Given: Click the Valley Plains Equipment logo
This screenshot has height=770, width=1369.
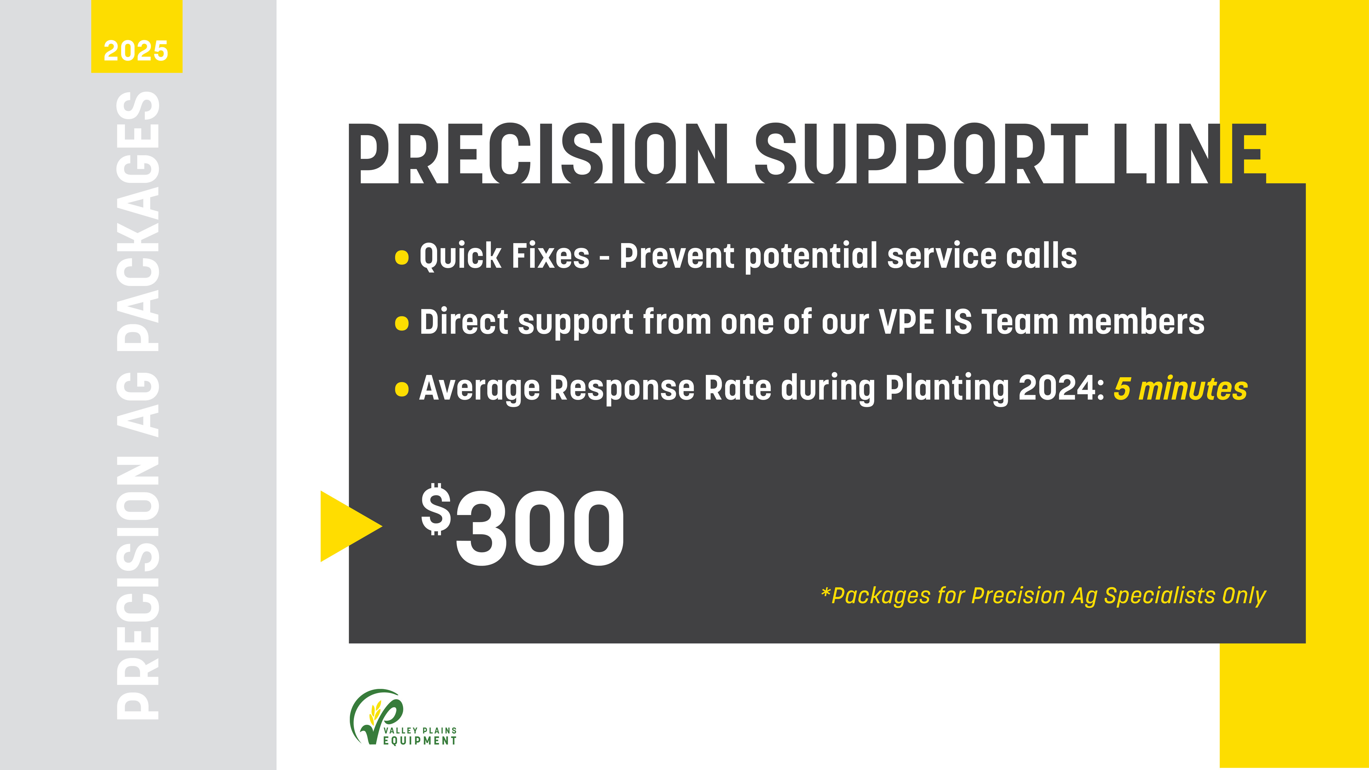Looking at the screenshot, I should (402, 718).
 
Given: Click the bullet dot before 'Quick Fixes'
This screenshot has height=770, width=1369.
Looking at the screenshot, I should (402, 257).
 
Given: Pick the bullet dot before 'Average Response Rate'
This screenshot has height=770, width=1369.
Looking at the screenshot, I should (402, 389).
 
